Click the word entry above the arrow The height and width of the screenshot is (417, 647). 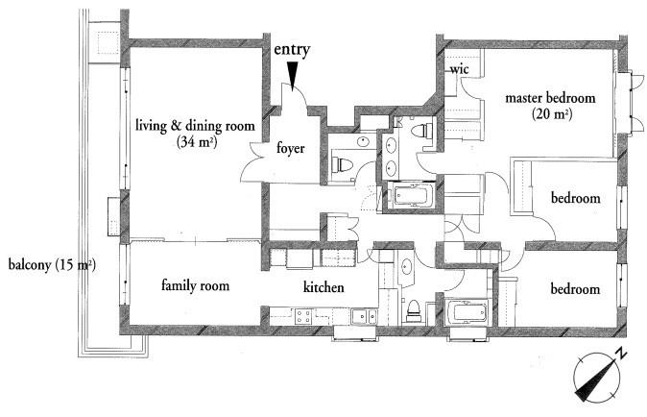pos(292,50)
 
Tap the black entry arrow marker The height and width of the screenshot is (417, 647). pos(292,75)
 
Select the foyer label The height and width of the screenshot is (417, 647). pos(291,148)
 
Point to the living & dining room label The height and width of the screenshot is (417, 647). pos(195,125)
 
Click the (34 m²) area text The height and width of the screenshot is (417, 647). pos(197,142)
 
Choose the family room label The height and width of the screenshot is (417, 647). pos(195,285)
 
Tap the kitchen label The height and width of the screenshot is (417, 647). pos(323,287)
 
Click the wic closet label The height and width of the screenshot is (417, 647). pos(459,68)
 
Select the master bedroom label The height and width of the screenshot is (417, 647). pos(550,98)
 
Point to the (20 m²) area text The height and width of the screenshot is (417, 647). pos(552,113)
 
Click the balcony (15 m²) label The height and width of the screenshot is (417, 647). pos(52,264)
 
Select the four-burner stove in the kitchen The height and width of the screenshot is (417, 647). pos(303,317)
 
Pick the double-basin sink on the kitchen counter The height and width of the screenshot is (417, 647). pos(364,317)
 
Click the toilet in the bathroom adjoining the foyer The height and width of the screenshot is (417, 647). pos(342,164)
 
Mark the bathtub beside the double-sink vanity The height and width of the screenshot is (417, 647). pos(413,196)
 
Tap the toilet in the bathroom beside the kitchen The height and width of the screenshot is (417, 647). pos(413,311)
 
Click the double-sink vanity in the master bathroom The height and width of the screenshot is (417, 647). pos(390,156)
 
